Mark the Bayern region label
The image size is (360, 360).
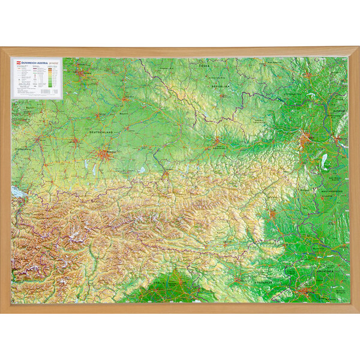pos(124,112)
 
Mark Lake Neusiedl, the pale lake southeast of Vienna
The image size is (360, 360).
pos(325,161)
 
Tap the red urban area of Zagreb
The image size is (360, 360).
pos(310,293)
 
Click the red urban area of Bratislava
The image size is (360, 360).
pos(339,142)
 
